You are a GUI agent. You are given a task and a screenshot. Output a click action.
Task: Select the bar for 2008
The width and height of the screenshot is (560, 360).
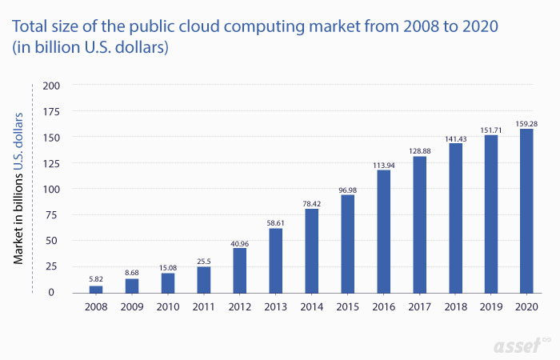tap(96, 288)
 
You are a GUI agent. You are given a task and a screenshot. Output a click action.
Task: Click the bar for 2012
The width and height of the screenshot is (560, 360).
tap(240, 270)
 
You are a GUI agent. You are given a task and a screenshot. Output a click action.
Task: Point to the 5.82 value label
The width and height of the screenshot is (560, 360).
tap(96, 279)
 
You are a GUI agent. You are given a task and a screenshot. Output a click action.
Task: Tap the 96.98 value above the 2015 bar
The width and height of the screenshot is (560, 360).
tap(347, 190)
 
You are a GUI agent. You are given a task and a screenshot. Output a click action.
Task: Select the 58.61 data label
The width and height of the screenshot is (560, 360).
tap(276, 222)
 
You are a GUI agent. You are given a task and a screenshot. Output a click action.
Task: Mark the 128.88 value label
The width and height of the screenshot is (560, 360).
tap(419, 150)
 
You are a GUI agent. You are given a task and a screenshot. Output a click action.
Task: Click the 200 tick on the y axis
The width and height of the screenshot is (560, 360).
tap(52, 85)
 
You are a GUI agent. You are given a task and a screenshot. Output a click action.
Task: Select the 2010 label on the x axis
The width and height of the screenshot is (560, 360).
tap(168, 306)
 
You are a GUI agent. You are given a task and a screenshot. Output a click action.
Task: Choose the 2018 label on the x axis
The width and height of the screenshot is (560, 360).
tap(455, 306)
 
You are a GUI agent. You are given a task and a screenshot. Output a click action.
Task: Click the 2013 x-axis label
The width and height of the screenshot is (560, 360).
tap(276, 306)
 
